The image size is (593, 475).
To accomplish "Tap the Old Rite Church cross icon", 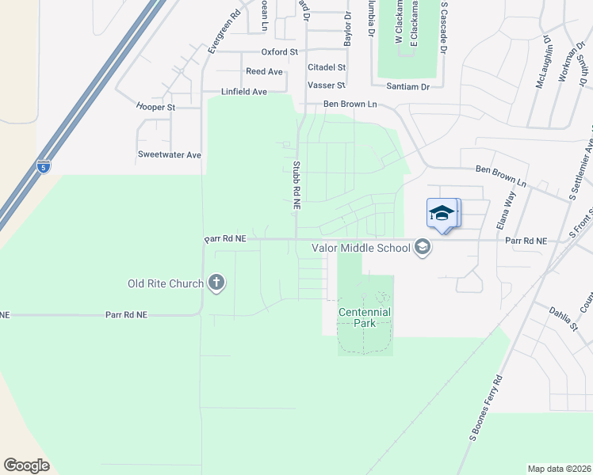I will coord(216,283).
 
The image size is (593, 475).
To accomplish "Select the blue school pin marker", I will coord(442,213).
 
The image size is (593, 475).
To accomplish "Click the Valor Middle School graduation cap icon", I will coord(423,248).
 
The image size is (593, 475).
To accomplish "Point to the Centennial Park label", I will coord(365,317).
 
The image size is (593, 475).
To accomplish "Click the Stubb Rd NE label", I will coord(296,185).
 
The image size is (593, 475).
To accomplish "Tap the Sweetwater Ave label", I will coord(170,155).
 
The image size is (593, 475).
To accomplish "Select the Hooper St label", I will coord(155,107).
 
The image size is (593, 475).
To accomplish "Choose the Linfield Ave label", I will coord(244,92).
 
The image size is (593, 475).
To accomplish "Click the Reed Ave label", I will coord(264,71).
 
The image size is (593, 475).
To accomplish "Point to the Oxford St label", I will coord(279,51).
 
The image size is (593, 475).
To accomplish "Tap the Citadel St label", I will coord(327,68).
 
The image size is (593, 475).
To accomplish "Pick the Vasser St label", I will coord(327,85).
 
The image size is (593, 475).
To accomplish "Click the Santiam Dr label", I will coord(407,85).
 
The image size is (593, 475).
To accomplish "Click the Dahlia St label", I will coord(563,316).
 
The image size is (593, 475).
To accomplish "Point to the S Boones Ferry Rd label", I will coord(486,408).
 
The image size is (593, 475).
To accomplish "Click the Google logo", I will coord(26,465).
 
